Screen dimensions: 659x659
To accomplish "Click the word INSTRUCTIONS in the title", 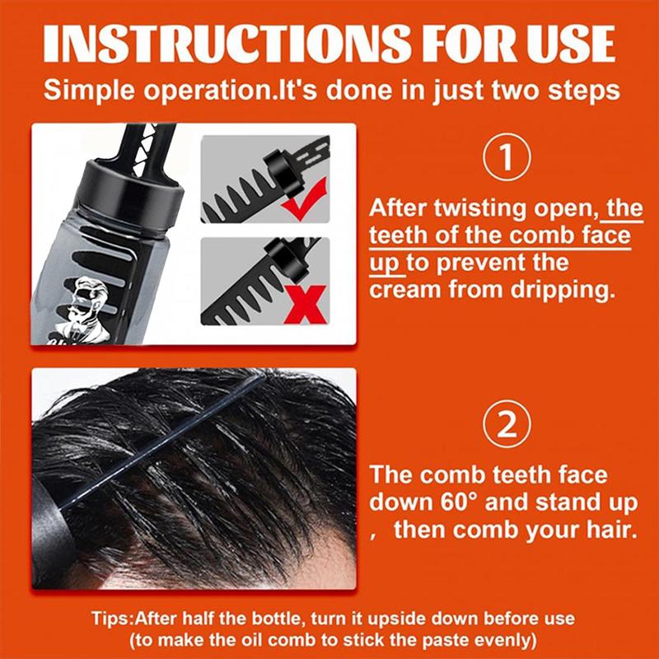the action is [x=227, y=44].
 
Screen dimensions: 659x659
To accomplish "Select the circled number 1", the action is [x=507, y=157].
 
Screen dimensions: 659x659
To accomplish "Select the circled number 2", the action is [x=507, y=425].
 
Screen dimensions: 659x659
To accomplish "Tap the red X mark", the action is [x=305, y=304].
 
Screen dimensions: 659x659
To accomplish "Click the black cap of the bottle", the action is [x=133, y=184].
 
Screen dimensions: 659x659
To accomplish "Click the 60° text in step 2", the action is [x=460, y=502].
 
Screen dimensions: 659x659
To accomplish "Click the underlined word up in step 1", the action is [x=384, y=264].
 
